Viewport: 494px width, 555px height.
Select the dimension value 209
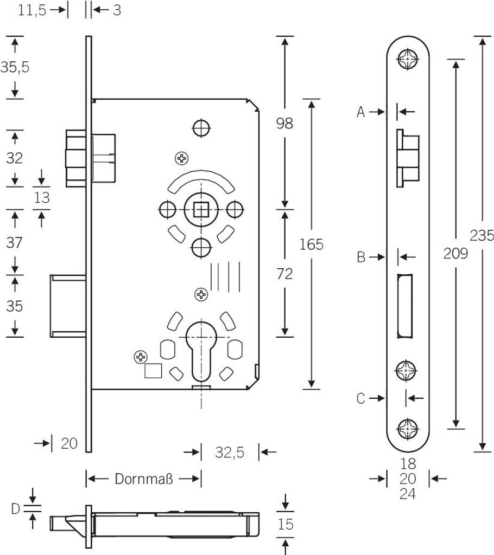point(455,253)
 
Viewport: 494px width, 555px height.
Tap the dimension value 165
point(311,244)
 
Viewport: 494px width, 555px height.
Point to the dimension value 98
point(284,124)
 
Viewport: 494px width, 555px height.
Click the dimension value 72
point(284,274)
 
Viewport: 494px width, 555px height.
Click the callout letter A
point(361,112)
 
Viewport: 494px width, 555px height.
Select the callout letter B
point(361,257)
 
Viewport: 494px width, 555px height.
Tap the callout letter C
point(361,399)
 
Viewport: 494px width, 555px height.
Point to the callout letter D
point(16,508)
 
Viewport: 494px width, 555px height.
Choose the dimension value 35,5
point(15,67)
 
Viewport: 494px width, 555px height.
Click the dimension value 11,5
point(32,10)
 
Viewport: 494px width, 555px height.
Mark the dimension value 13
point(42,198)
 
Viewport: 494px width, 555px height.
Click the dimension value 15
point(286,524)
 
